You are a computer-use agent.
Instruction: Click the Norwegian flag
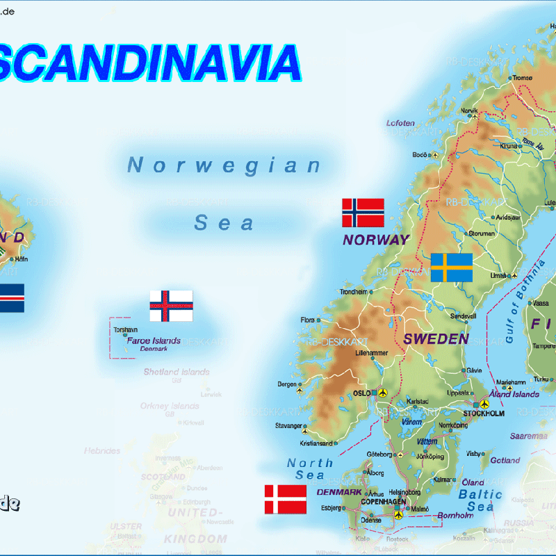[x=363, y=213]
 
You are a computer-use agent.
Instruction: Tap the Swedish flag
[x=452, y=268]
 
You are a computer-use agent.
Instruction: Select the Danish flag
[x=285, y=499]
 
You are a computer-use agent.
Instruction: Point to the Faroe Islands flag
[x=171, y=306]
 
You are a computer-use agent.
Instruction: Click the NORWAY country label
[x=376, y=240]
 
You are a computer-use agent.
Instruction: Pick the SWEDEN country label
[x=436, y=339]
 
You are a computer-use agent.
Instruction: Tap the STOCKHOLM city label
[x=484, y=414]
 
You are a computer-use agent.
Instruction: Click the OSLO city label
[x=362, y=393]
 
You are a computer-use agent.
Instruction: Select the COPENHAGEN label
[x=383, y=501]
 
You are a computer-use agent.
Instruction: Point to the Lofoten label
[x=400, y=124]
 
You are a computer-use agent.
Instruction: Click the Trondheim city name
[x=353, y=292]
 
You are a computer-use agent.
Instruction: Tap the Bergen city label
[x=286, y=384]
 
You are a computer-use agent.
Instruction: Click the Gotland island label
[x=505, y=460]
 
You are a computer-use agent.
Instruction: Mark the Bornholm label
[x=455, y=516]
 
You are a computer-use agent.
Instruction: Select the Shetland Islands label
[x=177, y=372]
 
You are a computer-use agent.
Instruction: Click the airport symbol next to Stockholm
[x=475, y=404]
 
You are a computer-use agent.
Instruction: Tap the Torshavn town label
[x=125, y=329]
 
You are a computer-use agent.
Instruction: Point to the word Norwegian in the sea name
[x=224, y=165]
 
